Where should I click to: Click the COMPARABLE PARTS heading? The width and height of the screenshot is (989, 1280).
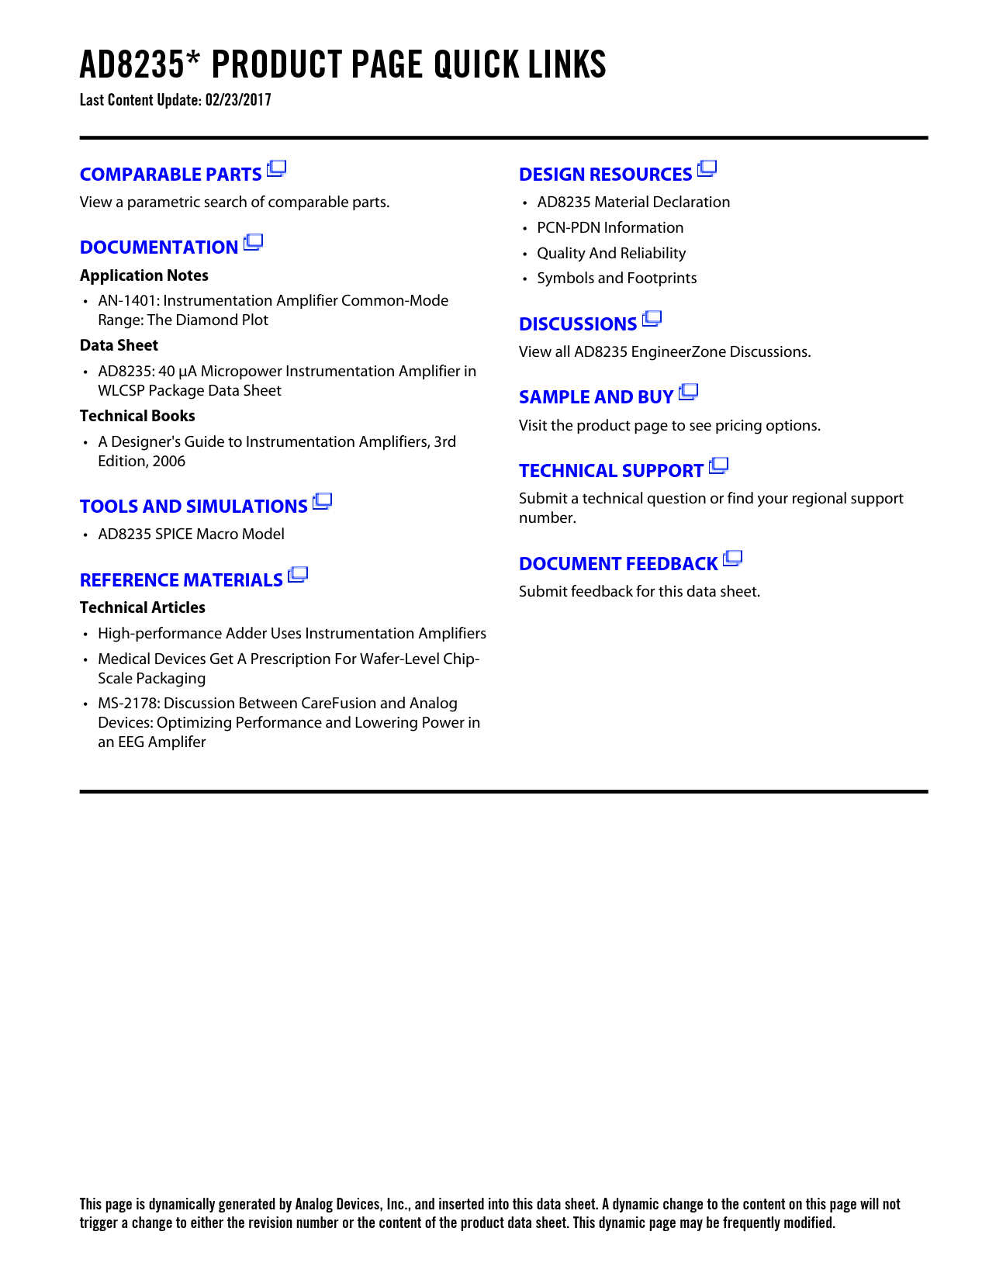[171, 175]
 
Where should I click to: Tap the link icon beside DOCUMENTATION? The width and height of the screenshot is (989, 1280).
[253, 243]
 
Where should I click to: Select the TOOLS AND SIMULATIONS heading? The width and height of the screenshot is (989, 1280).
[193, 507]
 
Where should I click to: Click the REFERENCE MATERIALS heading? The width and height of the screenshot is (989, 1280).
[181, 580]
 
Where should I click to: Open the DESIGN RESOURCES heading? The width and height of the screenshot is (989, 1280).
[605, 175]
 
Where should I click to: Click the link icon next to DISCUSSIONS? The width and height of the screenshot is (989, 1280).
[652, 318]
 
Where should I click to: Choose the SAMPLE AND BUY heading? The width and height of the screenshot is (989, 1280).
[596, 397]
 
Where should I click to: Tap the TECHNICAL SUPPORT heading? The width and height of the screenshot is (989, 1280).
[610, 471]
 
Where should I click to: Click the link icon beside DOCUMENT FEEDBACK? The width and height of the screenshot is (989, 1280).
[733, 559]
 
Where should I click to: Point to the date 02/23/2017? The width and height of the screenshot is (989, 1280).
[238, 100]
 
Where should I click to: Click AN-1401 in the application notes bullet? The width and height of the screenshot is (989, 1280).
[128, 301]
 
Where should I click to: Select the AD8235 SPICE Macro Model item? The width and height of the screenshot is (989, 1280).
[191, 534]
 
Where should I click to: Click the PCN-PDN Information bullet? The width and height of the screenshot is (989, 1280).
[610, 228]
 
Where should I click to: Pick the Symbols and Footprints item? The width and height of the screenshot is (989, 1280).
[617, 278]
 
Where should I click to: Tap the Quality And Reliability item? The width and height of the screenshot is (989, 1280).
[611, 254]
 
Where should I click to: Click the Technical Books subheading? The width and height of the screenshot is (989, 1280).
[137, 417]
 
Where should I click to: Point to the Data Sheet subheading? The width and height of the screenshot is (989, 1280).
[119, 346]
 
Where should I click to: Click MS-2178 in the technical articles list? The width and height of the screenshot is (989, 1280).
[129, 704]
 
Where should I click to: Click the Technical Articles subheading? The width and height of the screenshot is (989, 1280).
[143, 608]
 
